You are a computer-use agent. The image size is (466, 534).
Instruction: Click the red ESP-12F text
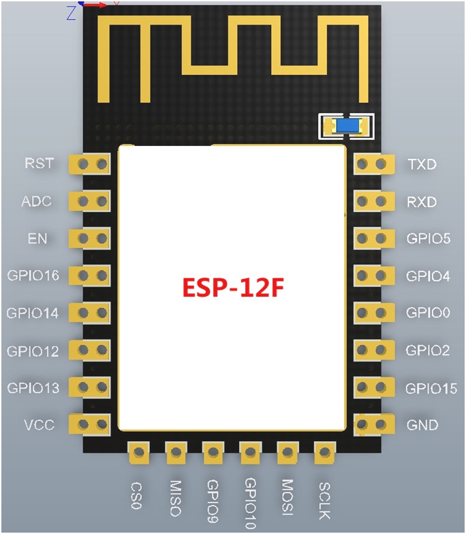click(x=233, y=288)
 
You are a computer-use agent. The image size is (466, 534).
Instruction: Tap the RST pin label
click(x=39, y=164)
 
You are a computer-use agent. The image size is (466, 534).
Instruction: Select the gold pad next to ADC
click(x=90, y=201)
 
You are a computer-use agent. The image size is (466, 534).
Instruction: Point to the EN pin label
click(x=37, y=239)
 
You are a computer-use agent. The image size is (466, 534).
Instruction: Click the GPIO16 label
click(x=33, y=275)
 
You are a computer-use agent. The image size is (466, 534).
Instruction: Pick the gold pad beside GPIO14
click(x=90, y=313)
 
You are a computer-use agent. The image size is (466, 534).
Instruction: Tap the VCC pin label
click(x=39, y=425)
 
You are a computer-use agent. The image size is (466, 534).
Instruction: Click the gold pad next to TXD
click(x=374, y=164)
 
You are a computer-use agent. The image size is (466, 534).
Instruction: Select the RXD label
click(x=422, y=203)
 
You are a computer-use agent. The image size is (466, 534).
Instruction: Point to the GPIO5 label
click(x=429, y=239)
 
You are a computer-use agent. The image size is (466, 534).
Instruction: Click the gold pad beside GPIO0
click(x=374, y=312)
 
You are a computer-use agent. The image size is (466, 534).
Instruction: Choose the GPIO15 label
click(x=431, y=388)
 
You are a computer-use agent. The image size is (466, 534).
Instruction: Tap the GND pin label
click(x=422, y=425)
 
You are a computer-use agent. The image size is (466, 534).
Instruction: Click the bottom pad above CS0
click(x=139, y=453)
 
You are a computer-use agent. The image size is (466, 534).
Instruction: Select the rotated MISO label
click(x=176, y=498)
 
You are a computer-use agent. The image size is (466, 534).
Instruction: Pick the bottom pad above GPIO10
click(x=250, y=453)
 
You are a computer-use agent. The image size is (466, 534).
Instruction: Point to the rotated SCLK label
click(x=324, y=501)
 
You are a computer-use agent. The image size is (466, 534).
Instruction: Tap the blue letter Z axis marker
click(x=71, y=13)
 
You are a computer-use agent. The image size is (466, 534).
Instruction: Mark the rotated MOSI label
click(x=288, y=497)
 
